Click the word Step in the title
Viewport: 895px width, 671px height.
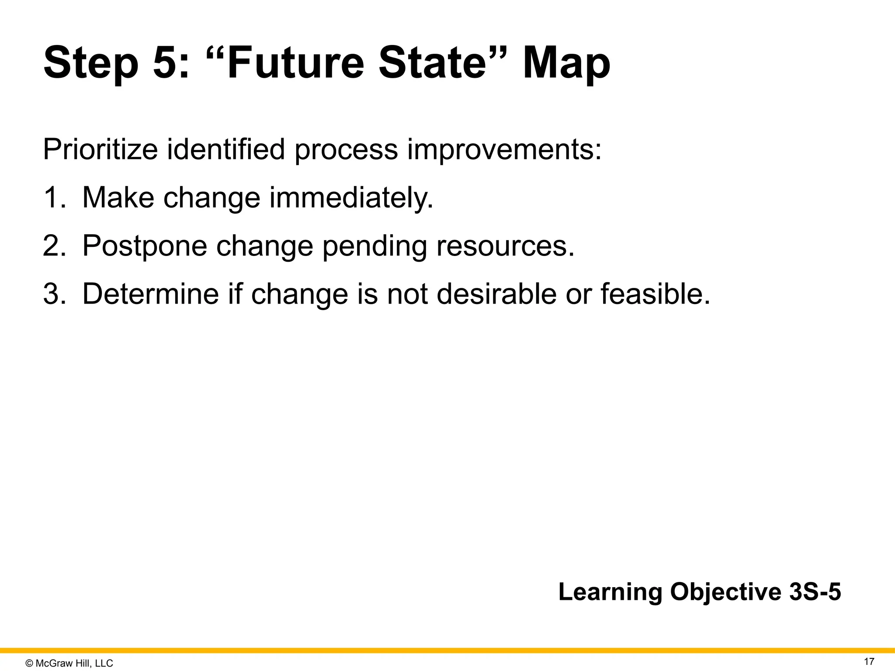(90, 64)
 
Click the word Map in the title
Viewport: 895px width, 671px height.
(566, 64)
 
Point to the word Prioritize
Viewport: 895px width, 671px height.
(100, 149)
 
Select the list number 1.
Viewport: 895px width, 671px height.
(52, 197)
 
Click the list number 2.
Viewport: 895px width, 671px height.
(53, 246)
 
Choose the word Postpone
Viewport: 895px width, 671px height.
(144, 246)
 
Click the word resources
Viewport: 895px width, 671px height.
(505, 246)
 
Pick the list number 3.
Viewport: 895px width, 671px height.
(53, 294)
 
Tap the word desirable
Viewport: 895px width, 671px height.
(496, 294)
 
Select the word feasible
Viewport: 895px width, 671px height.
(655, 294)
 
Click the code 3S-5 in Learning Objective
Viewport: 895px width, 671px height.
(815, 592)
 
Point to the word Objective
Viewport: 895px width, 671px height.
(725, 592)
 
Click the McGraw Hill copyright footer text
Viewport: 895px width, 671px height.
(69, 663)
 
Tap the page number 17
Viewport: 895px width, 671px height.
(869, 661)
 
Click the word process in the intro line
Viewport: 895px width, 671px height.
(346, 149)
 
